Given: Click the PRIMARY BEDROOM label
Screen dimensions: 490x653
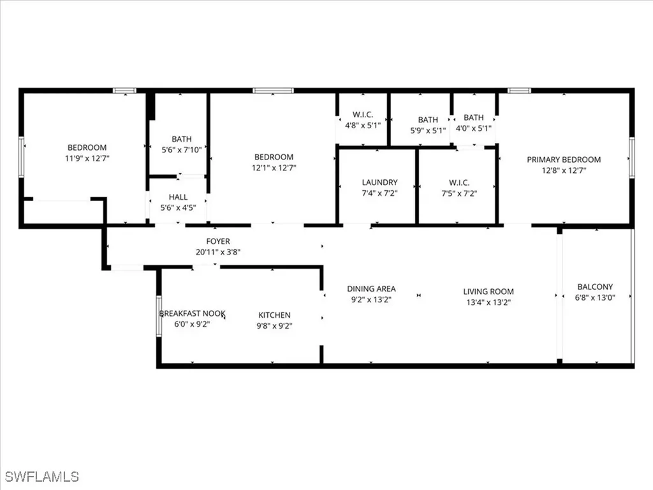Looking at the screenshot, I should tap(564, 160).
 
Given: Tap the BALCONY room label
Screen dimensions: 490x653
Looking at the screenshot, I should tap(595, 287).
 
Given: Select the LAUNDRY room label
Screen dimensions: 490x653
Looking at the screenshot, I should tap(379, 182).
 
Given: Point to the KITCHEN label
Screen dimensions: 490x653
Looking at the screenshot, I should tap(274, 315).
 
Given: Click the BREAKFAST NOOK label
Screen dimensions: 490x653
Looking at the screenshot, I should tap(192, 313).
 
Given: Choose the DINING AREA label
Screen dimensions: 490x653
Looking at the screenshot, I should tap(371, 288).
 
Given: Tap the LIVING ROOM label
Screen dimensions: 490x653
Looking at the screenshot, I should tap(488, 292).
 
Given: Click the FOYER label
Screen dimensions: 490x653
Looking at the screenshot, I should tap(217, 241).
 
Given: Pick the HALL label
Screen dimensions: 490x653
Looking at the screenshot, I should tap(178, 197).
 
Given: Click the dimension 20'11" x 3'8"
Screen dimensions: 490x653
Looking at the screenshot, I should tap(217, 251).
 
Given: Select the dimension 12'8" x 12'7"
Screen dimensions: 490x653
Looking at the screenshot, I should tap(564, 170).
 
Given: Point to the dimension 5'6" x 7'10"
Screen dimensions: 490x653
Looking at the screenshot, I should tap(181, 150).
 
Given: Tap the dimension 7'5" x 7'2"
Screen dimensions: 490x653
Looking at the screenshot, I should tap(457, 193).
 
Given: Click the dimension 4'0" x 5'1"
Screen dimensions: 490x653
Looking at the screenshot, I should tap(474, 129).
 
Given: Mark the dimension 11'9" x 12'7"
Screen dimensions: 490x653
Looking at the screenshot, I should tap(87, 158).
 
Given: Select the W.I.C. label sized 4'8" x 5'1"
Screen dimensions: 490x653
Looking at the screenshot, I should tap(362, 115).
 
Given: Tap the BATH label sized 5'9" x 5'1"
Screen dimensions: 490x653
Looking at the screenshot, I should tap(428, 119).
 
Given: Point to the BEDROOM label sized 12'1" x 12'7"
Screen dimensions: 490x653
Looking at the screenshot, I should tap(274, 157).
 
